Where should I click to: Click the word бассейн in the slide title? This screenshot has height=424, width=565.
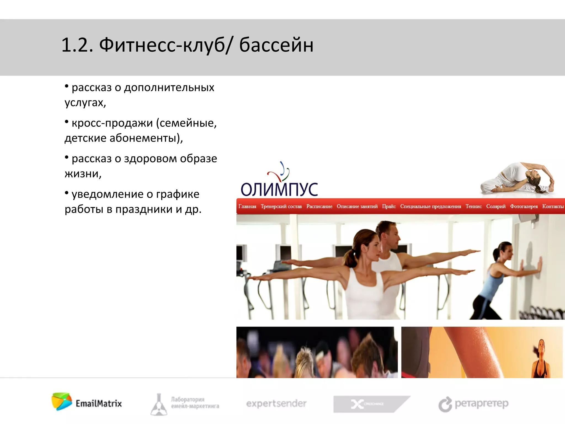pyautogui.click(x=276, y=45)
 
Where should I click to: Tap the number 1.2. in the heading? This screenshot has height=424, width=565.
pyautogui.click(x=77, y=45)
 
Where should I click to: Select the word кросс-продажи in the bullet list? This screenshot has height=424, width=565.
pyautogui.click(x=112, y=123)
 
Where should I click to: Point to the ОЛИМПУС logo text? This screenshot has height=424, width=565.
pyautogui.click(x=279, y=189)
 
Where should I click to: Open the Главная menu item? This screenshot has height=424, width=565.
pyautogui.click(x=247, y=206)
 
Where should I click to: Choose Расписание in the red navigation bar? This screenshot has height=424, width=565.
pyautogui.click(x=319, y=206)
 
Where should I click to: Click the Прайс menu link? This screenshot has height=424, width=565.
pyautogui.click(x=389, y=206)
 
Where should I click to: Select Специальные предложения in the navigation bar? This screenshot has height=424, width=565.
pyautogui.click(x=430, y=206)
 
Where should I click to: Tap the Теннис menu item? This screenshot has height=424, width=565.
pyautogui.click(x=473, y=206)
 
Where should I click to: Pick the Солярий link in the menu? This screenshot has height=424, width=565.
pyautogui.click(x=496, y=206)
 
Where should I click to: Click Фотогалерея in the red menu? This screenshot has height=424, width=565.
pyautogui.click(x=524, y=206)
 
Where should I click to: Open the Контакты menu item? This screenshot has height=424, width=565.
pyautogui.click(x=553, y=206)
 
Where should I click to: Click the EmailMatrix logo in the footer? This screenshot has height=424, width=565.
pyautogui.click(x=87, y=402)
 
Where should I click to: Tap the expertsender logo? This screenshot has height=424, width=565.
pyautogui.click(x=276, y=404)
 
